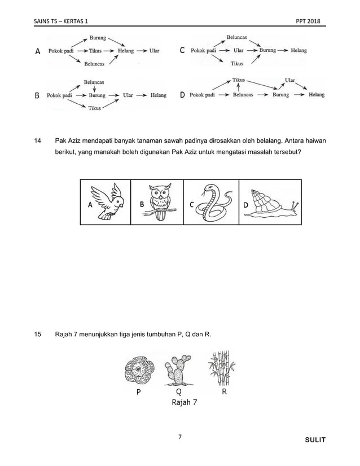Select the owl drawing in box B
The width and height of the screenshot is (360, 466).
pos(160,202)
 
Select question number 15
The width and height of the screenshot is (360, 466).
pos(38,335)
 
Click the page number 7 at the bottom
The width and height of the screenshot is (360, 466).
pos(179,437)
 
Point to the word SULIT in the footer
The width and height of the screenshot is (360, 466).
pos(314,439)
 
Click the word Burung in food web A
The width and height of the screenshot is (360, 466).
pos(97,38)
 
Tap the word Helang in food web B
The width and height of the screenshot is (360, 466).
pos(158,95)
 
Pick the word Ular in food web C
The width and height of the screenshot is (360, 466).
pos(239,50)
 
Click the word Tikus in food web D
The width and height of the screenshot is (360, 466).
pos(239,81)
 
